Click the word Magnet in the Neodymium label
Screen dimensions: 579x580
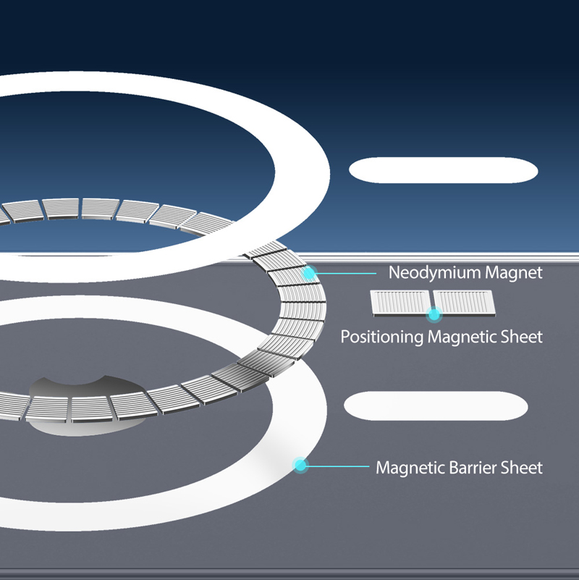[514, 272]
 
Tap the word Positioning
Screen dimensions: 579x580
[382, 337]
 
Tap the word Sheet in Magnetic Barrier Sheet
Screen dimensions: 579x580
[521, 468]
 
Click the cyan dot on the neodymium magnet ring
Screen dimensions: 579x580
[309, 274]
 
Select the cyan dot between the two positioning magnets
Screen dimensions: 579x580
[434, 315]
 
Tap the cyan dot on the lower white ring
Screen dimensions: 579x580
[300, 466]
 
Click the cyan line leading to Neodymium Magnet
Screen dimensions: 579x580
[346, 274]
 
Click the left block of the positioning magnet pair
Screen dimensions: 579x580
[401, 303]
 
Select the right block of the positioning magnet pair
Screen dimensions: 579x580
[465, 303]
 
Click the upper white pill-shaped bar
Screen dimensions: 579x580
[444, 170]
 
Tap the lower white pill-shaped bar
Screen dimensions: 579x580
[436, 405]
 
